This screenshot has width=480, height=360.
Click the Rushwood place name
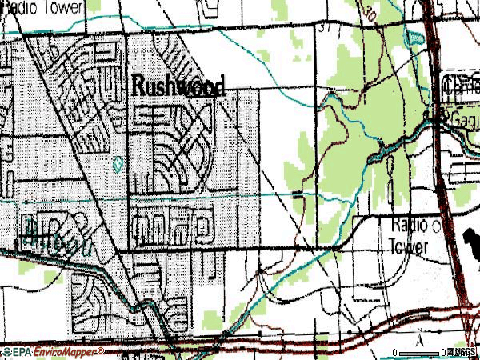tap(178, 86)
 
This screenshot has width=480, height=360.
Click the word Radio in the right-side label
tap(410, 225)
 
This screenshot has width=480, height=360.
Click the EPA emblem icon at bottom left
tap(6, 352)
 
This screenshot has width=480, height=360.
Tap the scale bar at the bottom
tap(424, 353)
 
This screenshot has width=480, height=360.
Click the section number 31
tap(323, 28)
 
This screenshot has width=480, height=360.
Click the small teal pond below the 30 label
tap(414, 38)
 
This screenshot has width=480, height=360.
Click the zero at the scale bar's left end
tap(395, 353)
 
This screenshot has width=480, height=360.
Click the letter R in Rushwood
tap(136, 86)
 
